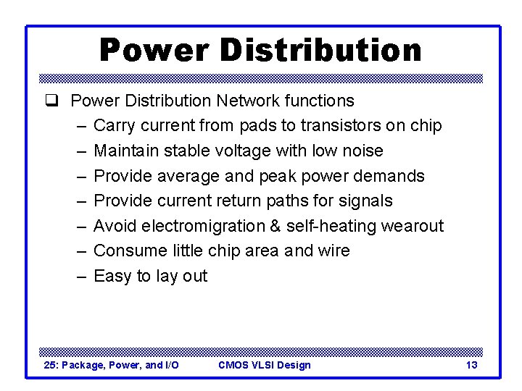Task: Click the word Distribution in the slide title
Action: [319, 51]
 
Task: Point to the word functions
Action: [320, 101]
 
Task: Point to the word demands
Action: [389, 176]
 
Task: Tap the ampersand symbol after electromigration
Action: [275, 226]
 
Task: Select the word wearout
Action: [410, 226]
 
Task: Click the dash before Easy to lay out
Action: [80, 276]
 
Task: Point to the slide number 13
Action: [471, 365]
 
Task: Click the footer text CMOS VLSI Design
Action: [265, 365]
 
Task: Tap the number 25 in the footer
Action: [50, 365]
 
